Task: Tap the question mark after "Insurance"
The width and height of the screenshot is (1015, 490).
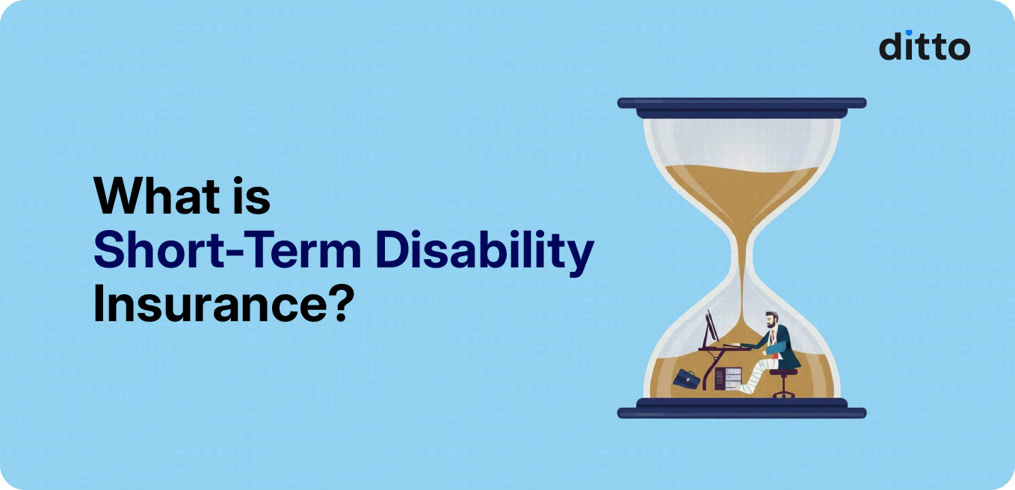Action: coord(337,305)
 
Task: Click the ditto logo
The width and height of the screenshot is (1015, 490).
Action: coord(924,46)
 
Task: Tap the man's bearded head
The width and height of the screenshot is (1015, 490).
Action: coord(771,322)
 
